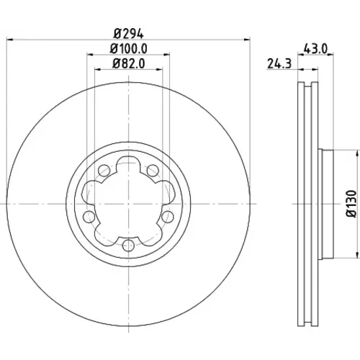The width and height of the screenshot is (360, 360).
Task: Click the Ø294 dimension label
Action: coord(128,34)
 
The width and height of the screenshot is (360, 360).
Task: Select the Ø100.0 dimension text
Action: coord(128,49)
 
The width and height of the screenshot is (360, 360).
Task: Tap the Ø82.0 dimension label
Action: coord(128,64)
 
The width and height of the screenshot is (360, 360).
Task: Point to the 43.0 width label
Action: coord(315,49)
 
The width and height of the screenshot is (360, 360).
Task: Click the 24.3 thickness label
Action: coord(279,64)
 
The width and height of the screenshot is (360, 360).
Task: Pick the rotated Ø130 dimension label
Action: coord(351,204)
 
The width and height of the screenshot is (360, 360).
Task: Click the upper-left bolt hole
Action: coord(104,171)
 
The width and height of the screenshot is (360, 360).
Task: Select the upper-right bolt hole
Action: coord(153,171)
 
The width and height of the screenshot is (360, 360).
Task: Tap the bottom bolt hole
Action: coord(128,245)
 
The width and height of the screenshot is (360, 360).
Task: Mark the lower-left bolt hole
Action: coord(89,217)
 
